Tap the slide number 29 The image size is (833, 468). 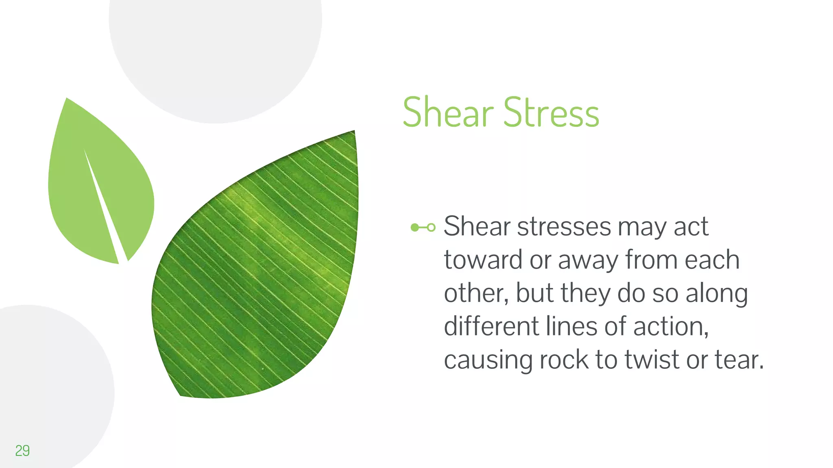pos(22,451)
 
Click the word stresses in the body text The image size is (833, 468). pos(564,226)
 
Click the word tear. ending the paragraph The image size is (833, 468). pos(739,360)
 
